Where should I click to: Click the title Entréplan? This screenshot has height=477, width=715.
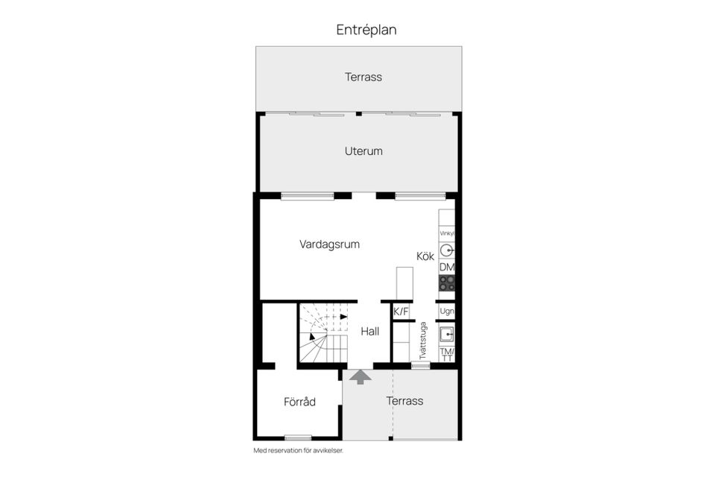click(x=366, y=30)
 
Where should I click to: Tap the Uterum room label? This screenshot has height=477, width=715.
click(x=363, y=151)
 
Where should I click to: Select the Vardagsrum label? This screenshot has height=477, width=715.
click(x=329, y=244)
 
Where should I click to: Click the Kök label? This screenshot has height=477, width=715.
click(x=425, y=256)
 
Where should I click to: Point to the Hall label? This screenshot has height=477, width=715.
click(x=370, y=332)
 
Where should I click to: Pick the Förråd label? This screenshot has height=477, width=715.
click(x=299, y=402)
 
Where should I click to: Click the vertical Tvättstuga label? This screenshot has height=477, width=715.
click(x=422, y=341)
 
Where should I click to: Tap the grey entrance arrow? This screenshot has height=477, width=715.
click(x=360, y=377)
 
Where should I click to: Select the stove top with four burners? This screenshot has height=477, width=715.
click(x=447, y=283)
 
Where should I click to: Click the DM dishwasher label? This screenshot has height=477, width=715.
click(x=447, y=268)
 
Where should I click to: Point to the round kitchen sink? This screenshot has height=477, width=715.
click(x=447, y=250)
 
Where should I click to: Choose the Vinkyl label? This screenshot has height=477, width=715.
click(x=447, y=233)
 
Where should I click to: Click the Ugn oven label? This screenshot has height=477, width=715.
click(x=447, y=311)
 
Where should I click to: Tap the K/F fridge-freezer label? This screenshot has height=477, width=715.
click(x=401, y=312)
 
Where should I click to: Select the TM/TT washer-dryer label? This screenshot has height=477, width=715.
click(x=447, y=354)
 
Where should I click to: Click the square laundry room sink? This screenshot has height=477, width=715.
click(x=447, y=333)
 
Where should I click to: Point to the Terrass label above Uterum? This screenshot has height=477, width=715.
click(x=363, y=77)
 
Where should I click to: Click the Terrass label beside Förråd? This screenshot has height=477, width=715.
click(x=404, y=401)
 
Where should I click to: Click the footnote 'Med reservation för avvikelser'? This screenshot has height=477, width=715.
click(x=298, y=450)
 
